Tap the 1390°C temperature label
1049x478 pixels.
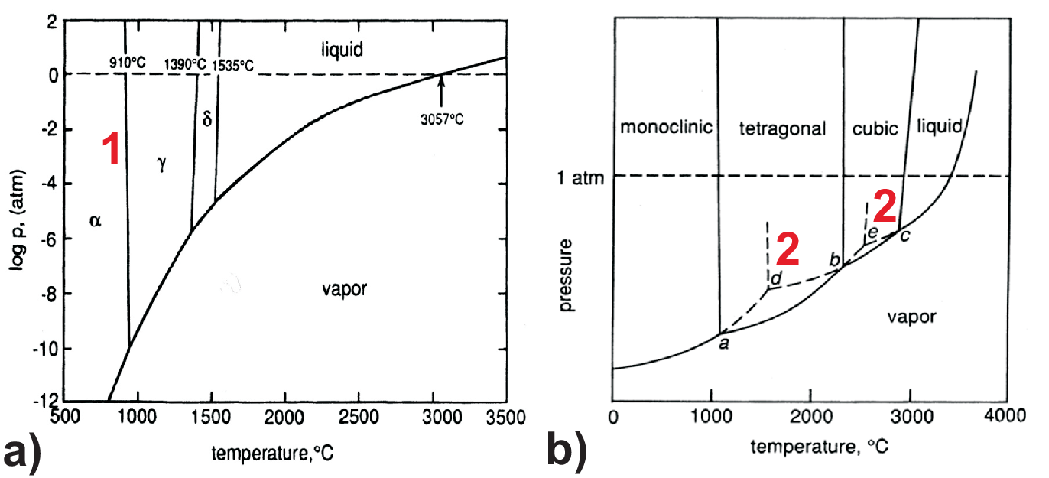point(185,64)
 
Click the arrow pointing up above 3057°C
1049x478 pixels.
point(441,90)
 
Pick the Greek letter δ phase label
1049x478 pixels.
point(206,119)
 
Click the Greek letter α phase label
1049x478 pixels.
point(95,222)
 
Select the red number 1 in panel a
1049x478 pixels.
point(112,149)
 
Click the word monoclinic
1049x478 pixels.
point(666,127)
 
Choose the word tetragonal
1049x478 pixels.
point(783,128)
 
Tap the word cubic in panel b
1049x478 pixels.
point(875,128)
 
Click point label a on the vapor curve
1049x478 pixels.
point(723,344)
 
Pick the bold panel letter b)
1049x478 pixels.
point(567,450)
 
